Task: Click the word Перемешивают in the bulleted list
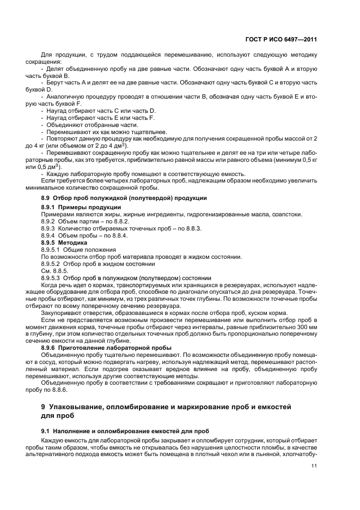pyautogui.click(x=69, y=132)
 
